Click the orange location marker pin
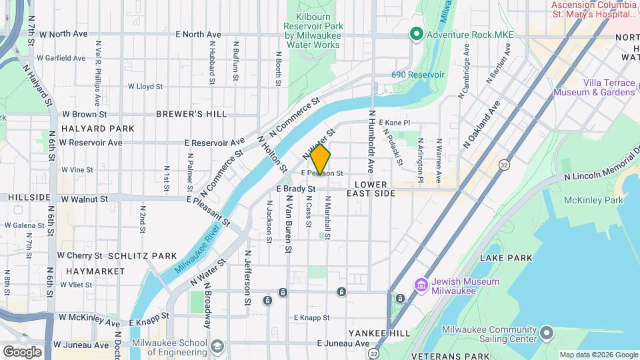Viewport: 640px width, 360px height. coord(320,159)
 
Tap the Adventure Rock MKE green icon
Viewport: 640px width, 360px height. coord(417,33)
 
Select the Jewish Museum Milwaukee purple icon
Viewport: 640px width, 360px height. coord(421,285)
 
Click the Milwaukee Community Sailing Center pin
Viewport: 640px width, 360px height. coord(547,332)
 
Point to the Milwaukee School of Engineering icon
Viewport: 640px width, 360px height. coord(218,345)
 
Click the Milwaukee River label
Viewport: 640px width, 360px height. coord(196,252)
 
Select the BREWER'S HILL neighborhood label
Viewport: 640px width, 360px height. coord(191,114)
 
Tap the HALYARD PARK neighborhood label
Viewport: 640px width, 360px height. coord(97,128)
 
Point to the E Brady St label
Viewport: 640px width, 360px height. coord(295,189)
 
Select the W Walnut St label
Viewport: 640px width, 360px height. coord(83,199)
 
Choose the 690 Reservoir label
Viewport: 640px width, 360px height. coord(417,75)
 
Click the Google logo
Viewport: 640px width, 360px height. coord(22,351)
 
